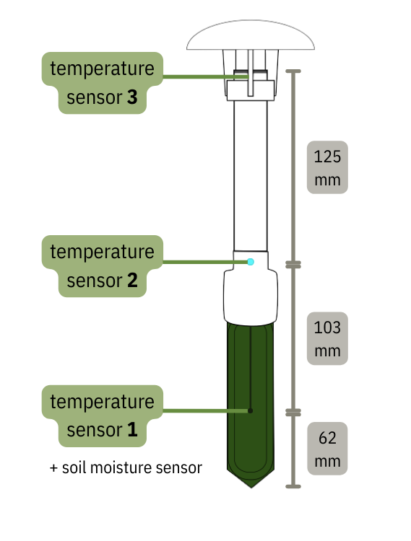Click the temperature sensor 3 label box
tap(101, 83)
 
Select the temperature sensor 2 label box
tap(101, 265)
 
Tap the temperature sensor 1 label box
tap(101, 415)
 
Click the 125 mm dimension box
tap(327, 167)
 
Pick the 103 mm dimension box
tap(327, 338)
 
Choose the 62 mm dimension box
tap(327, 449)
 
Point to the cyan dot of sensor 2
tap(251, 261)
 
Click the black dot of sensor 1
tap(250, 411)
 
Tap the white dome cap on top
tap(251, 36)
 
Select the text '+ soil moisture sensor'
tap(126, 467)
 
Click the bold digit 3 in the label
tap(131, 99)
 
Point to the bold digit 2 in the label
tap(131, 281)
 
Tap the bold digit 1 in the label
tap(131, 431)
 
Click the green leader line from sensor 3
tap(195, 76)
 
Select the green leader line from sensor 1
tap(202, 411)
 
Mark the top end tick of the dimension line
tap(293, 71)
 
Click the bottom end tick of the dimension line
tap(293, 486)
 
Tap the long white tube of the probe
tap(251, 173)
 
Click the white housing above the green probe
tap(251, 296)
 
